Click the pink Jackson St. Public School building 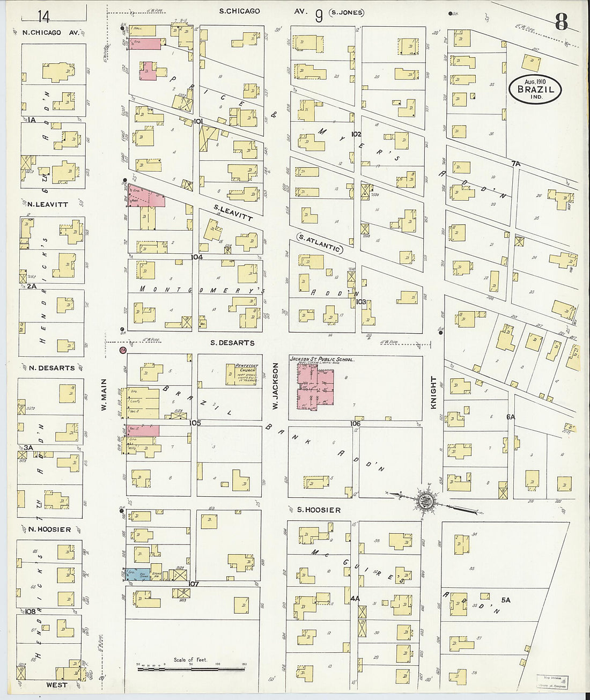tap(315, 390)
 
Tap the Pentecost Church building tap(247, 374)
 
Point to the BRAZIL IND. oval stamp tap(535, 90)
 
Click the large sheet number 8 tap(560, 22)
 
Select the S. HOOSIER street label tap(319, 510)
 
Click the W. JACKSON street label tap(275, 387)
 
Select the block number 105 tap(195, 423)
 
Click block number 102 tap(356, 134)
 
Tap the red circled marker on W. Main tap(123, 350)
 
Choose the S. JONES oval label tap(347, 12)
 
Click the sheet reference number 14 tap(43, 17)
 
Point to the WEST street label tap(56, 685)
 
